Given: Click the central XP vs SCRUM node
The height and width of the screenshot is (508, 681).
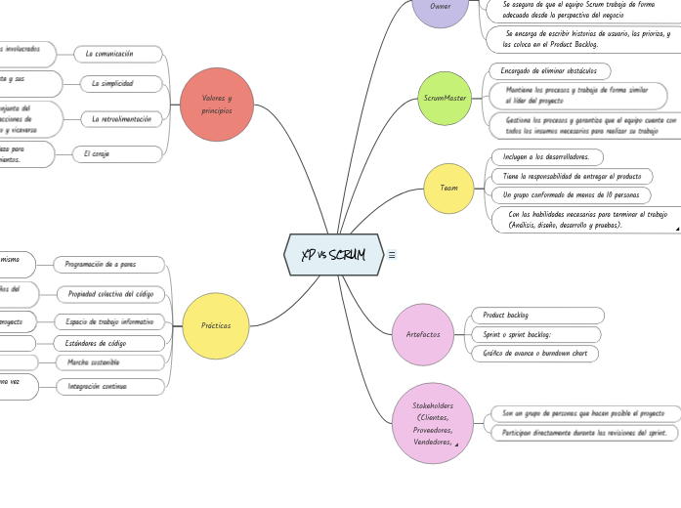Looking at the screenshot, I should (333, 255).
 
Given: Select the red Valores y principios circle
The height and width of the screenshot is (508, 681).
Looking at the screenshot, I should (217, 105).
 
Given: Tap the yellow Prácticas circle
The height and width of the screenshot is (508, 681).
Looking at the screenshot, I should (216, 325).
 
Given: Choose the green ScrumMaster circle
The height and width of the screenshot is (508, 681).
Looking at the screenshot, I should (445, 99).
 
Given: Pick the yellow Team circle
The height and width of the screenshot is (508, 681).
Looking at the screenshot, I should (448, 187).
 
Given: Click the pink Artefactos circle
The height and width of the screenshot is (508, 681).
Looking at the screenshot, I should (423, 334).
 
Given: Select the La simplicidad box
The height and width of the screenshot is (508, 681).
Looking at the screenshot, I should (121, 84).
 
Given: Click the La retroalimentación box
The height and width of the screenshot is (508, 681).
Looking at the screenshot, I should (121, 119).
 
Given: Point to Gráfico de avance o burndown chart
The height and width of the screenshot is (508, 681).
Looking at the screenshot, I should (535, 354).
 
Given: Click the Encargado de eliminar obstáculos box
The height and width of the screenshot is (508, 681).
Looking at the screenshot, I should (549, 71).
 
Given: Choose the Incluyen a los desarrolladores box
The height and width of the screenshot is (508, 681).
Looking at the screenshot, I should (545, 156).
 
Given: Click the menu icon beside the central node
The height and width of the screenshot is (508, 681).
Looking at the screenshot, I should (392, 255).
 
